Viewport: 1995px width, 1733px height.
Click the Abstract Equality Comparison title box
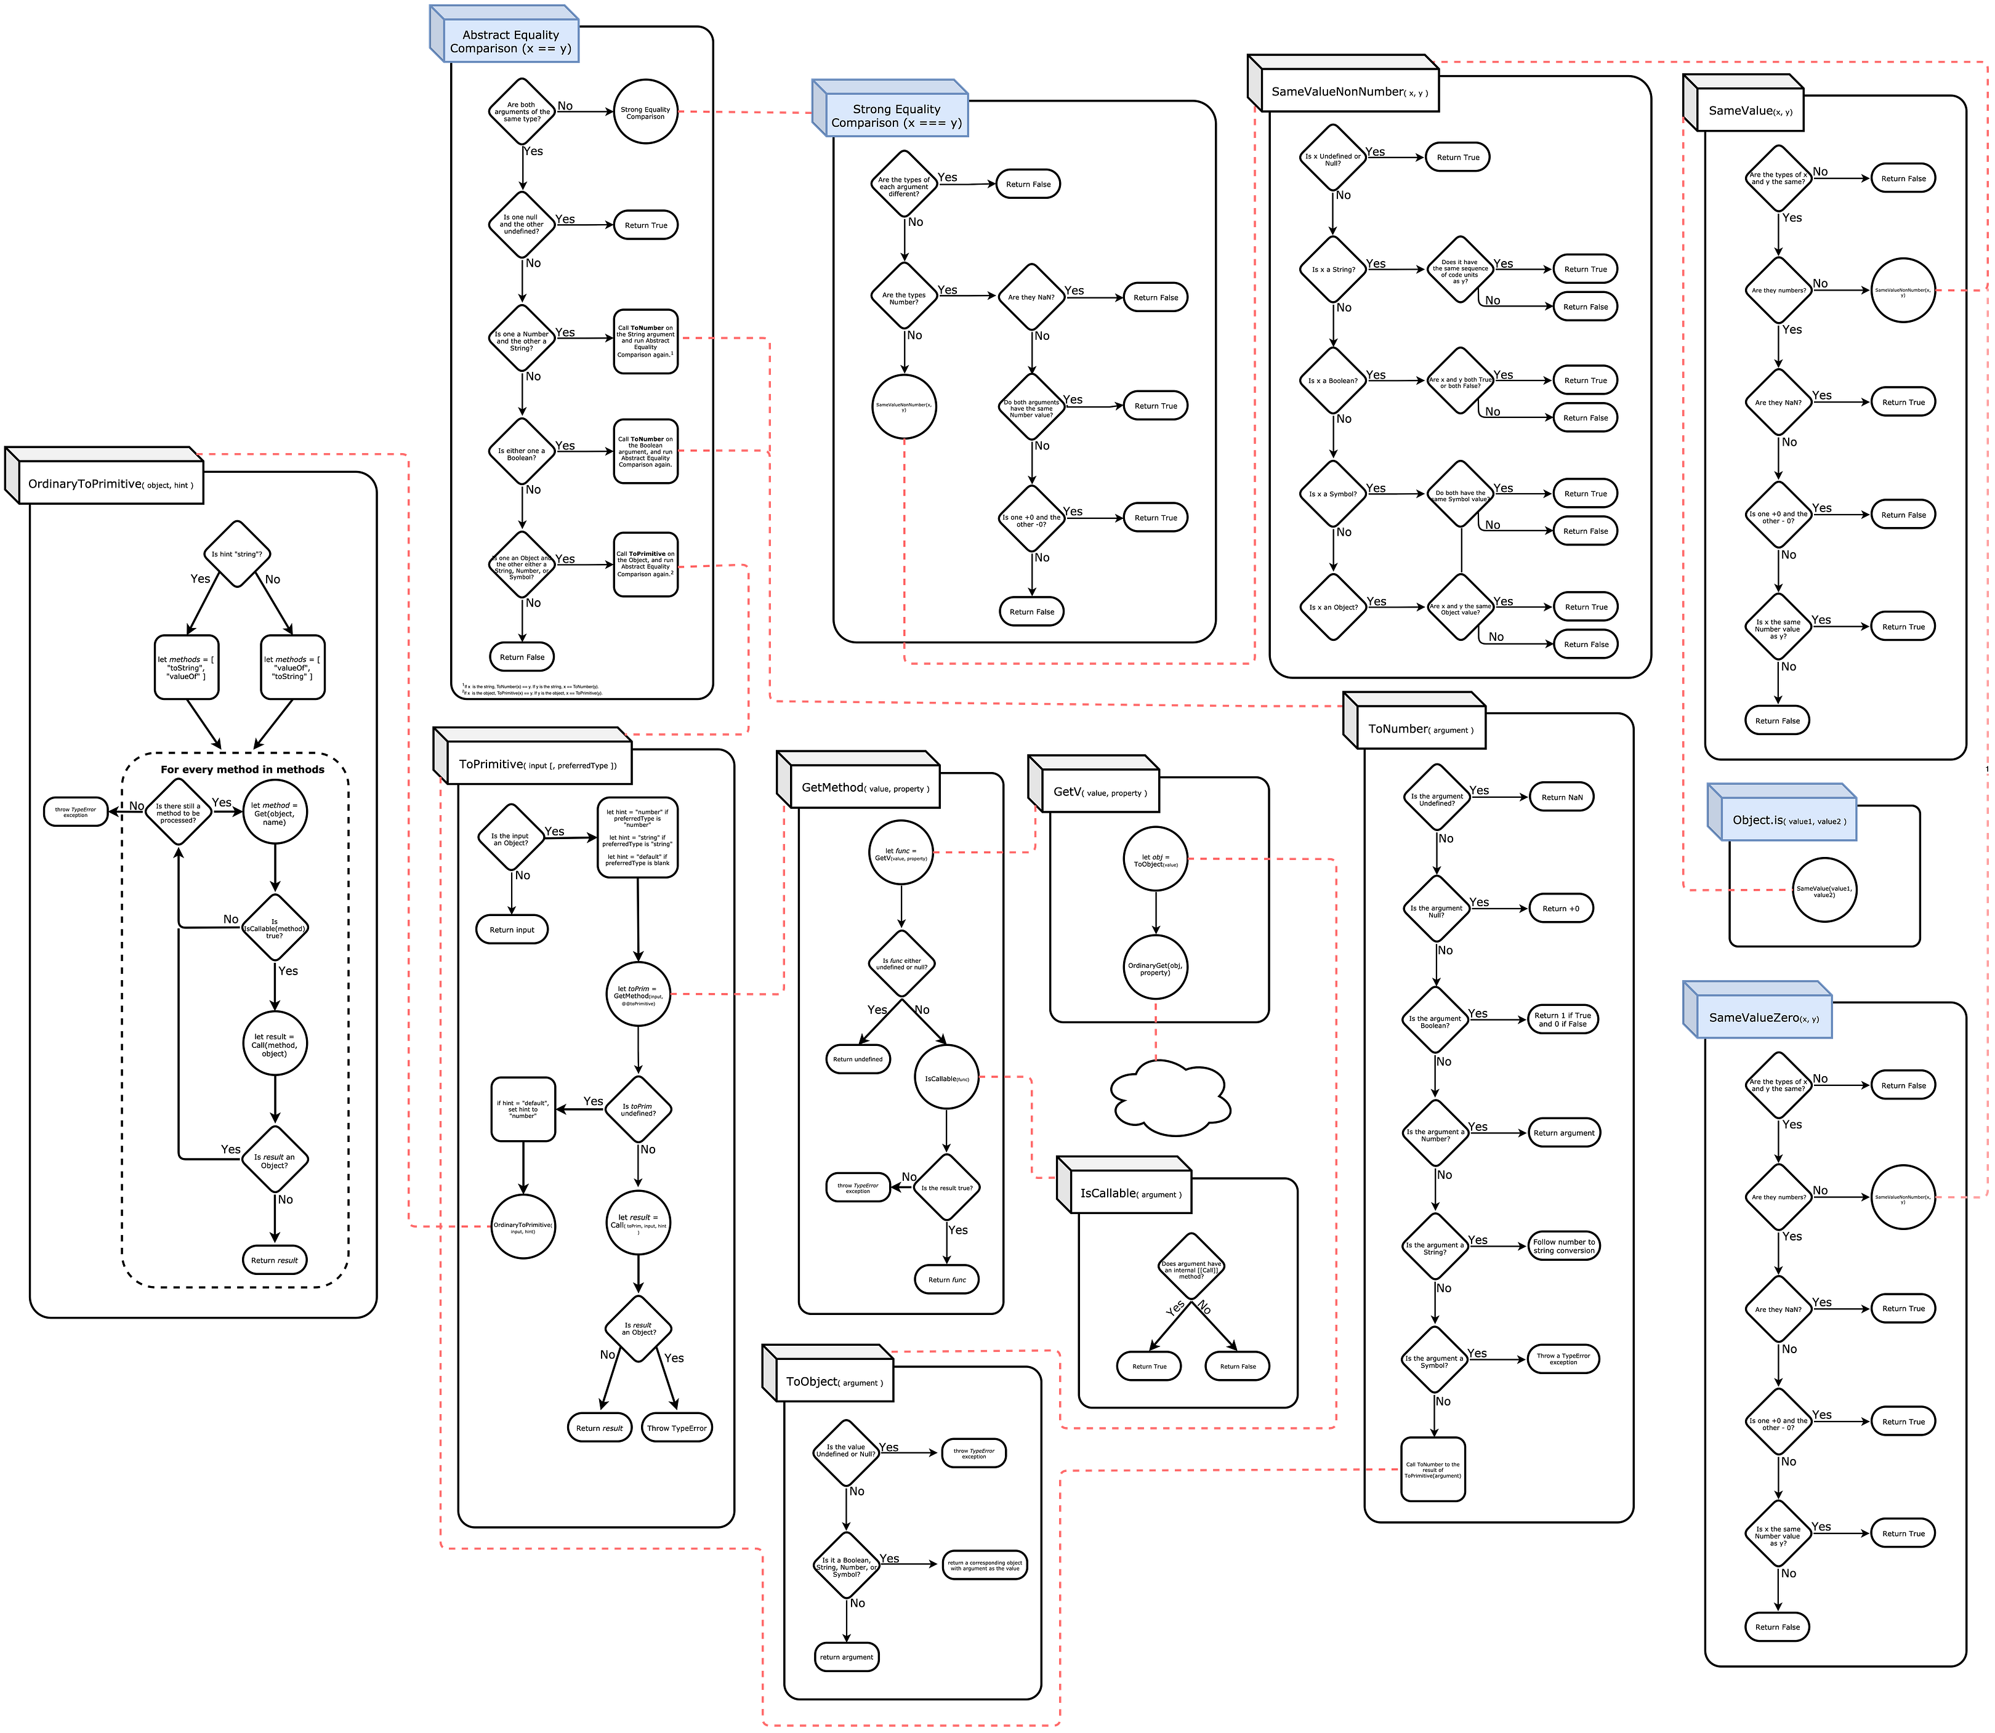click(510, 42)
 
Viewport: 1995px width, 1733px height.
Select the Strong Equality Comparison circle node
click(645, 112)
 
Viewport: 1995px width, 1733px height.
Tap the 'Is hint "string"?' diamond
click(237, 554)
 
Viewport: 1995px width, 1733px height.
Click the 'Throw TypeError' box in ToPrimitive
click(677, 1428)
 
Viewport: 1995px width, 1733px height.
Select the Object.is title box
click(1788, 820)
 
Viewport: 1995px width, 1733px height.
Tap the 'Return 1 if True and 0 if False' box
click(1563, 1019)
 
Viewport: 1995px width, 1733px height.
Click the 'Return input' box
click(512, 930)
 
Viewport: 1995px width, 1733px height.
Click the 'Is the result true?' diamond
click(947, 1188)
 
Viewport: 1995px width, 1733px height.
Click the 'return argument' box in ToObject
click(846, 1657)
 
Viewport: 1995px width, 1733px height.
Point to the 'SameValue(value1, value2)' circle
click(1824, 891)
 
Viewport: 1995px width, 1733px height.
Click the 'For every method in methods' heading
click(243, 770)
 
